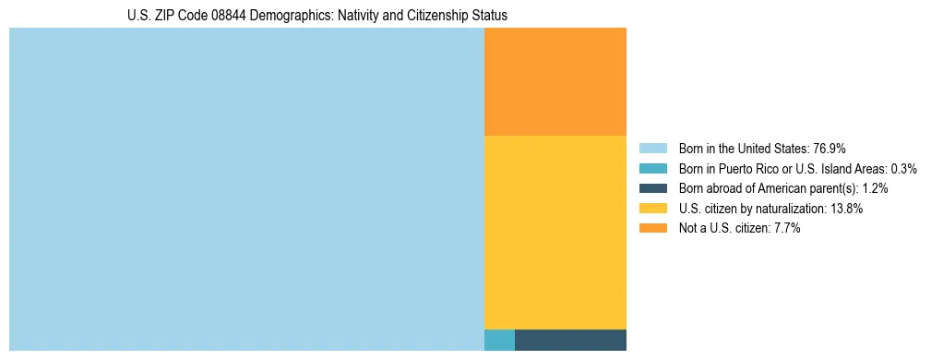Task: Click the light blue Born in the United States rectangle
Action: tap(246, 189)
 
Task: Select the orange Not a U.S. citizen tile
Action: tap(555, 81)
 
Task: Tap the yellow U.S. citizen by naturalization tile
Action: tap(555, 232)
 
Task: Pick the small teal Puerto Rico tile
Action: tap(499, 340)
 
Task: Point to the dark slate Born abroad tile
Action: tap(570, 340)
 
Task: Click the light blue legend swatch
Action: tap(652, 148)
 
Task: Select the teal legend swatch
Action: tap(652, 168)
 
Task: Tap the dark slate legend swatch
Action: tap(652, 188)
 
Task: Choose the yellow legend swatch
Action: tap(652, 209)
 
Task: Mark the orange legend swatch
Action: tap(652, 228)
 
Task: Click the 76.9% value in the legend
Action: tap(830, 149)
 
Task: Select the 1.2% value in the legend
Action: tap(875, 188)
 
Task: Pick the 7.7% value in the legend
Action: tap(785, 229)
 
